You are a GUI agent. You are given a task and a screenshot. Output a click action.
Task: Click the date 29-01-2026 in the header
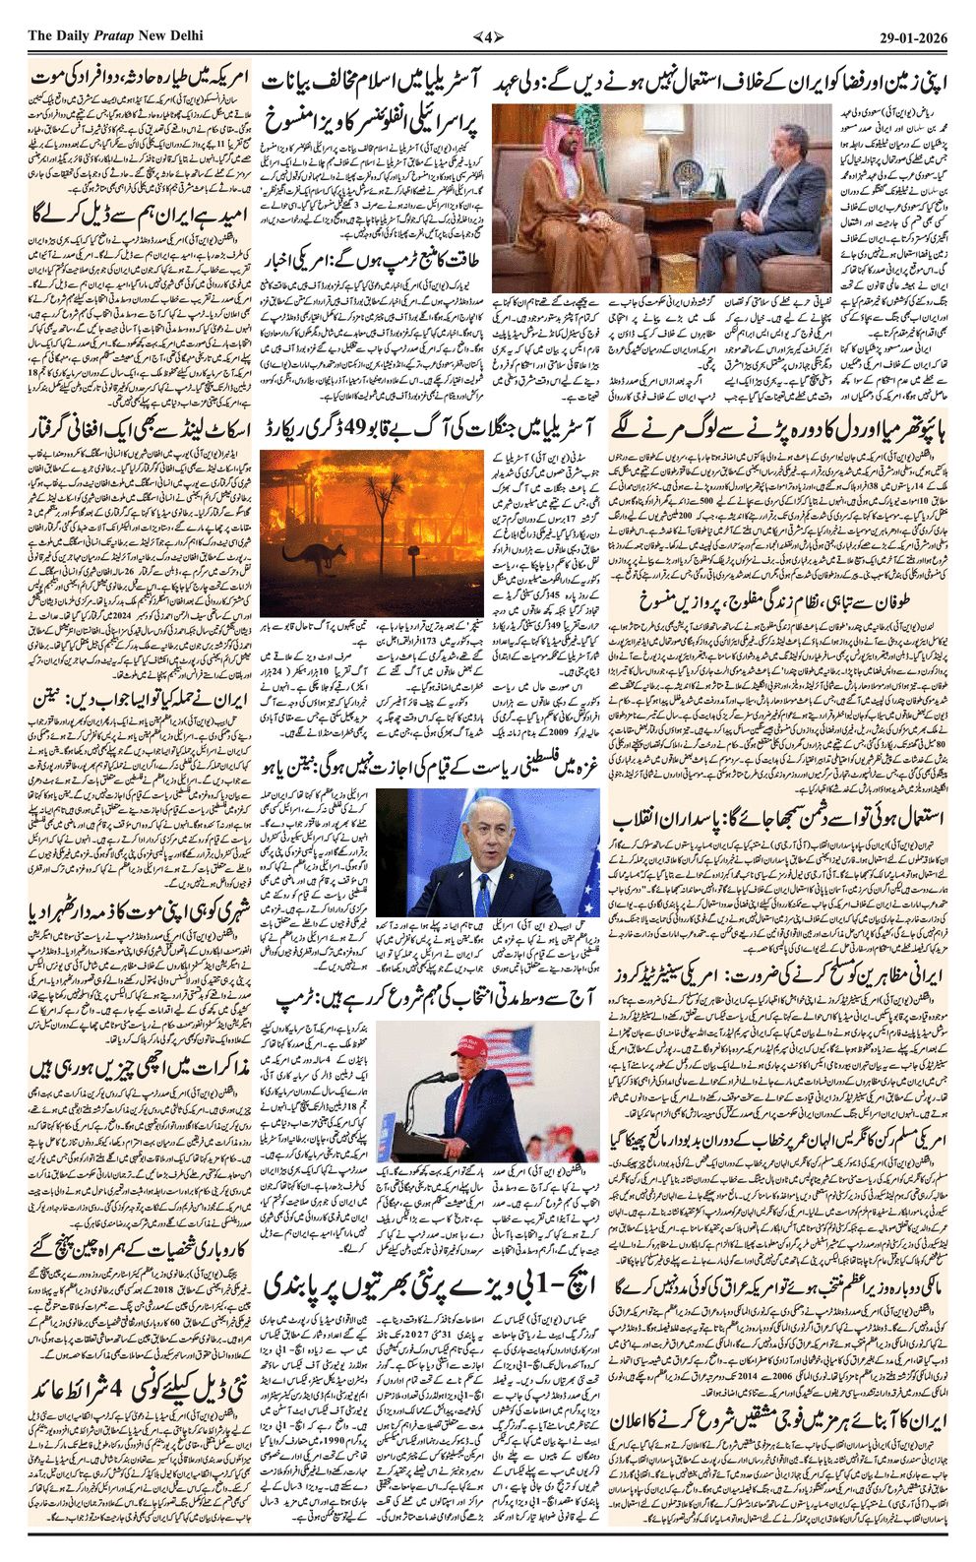tap(913, 36)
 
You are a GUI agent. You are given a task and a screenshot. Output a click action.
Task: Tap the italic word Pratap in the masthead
tap(114, 36)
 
